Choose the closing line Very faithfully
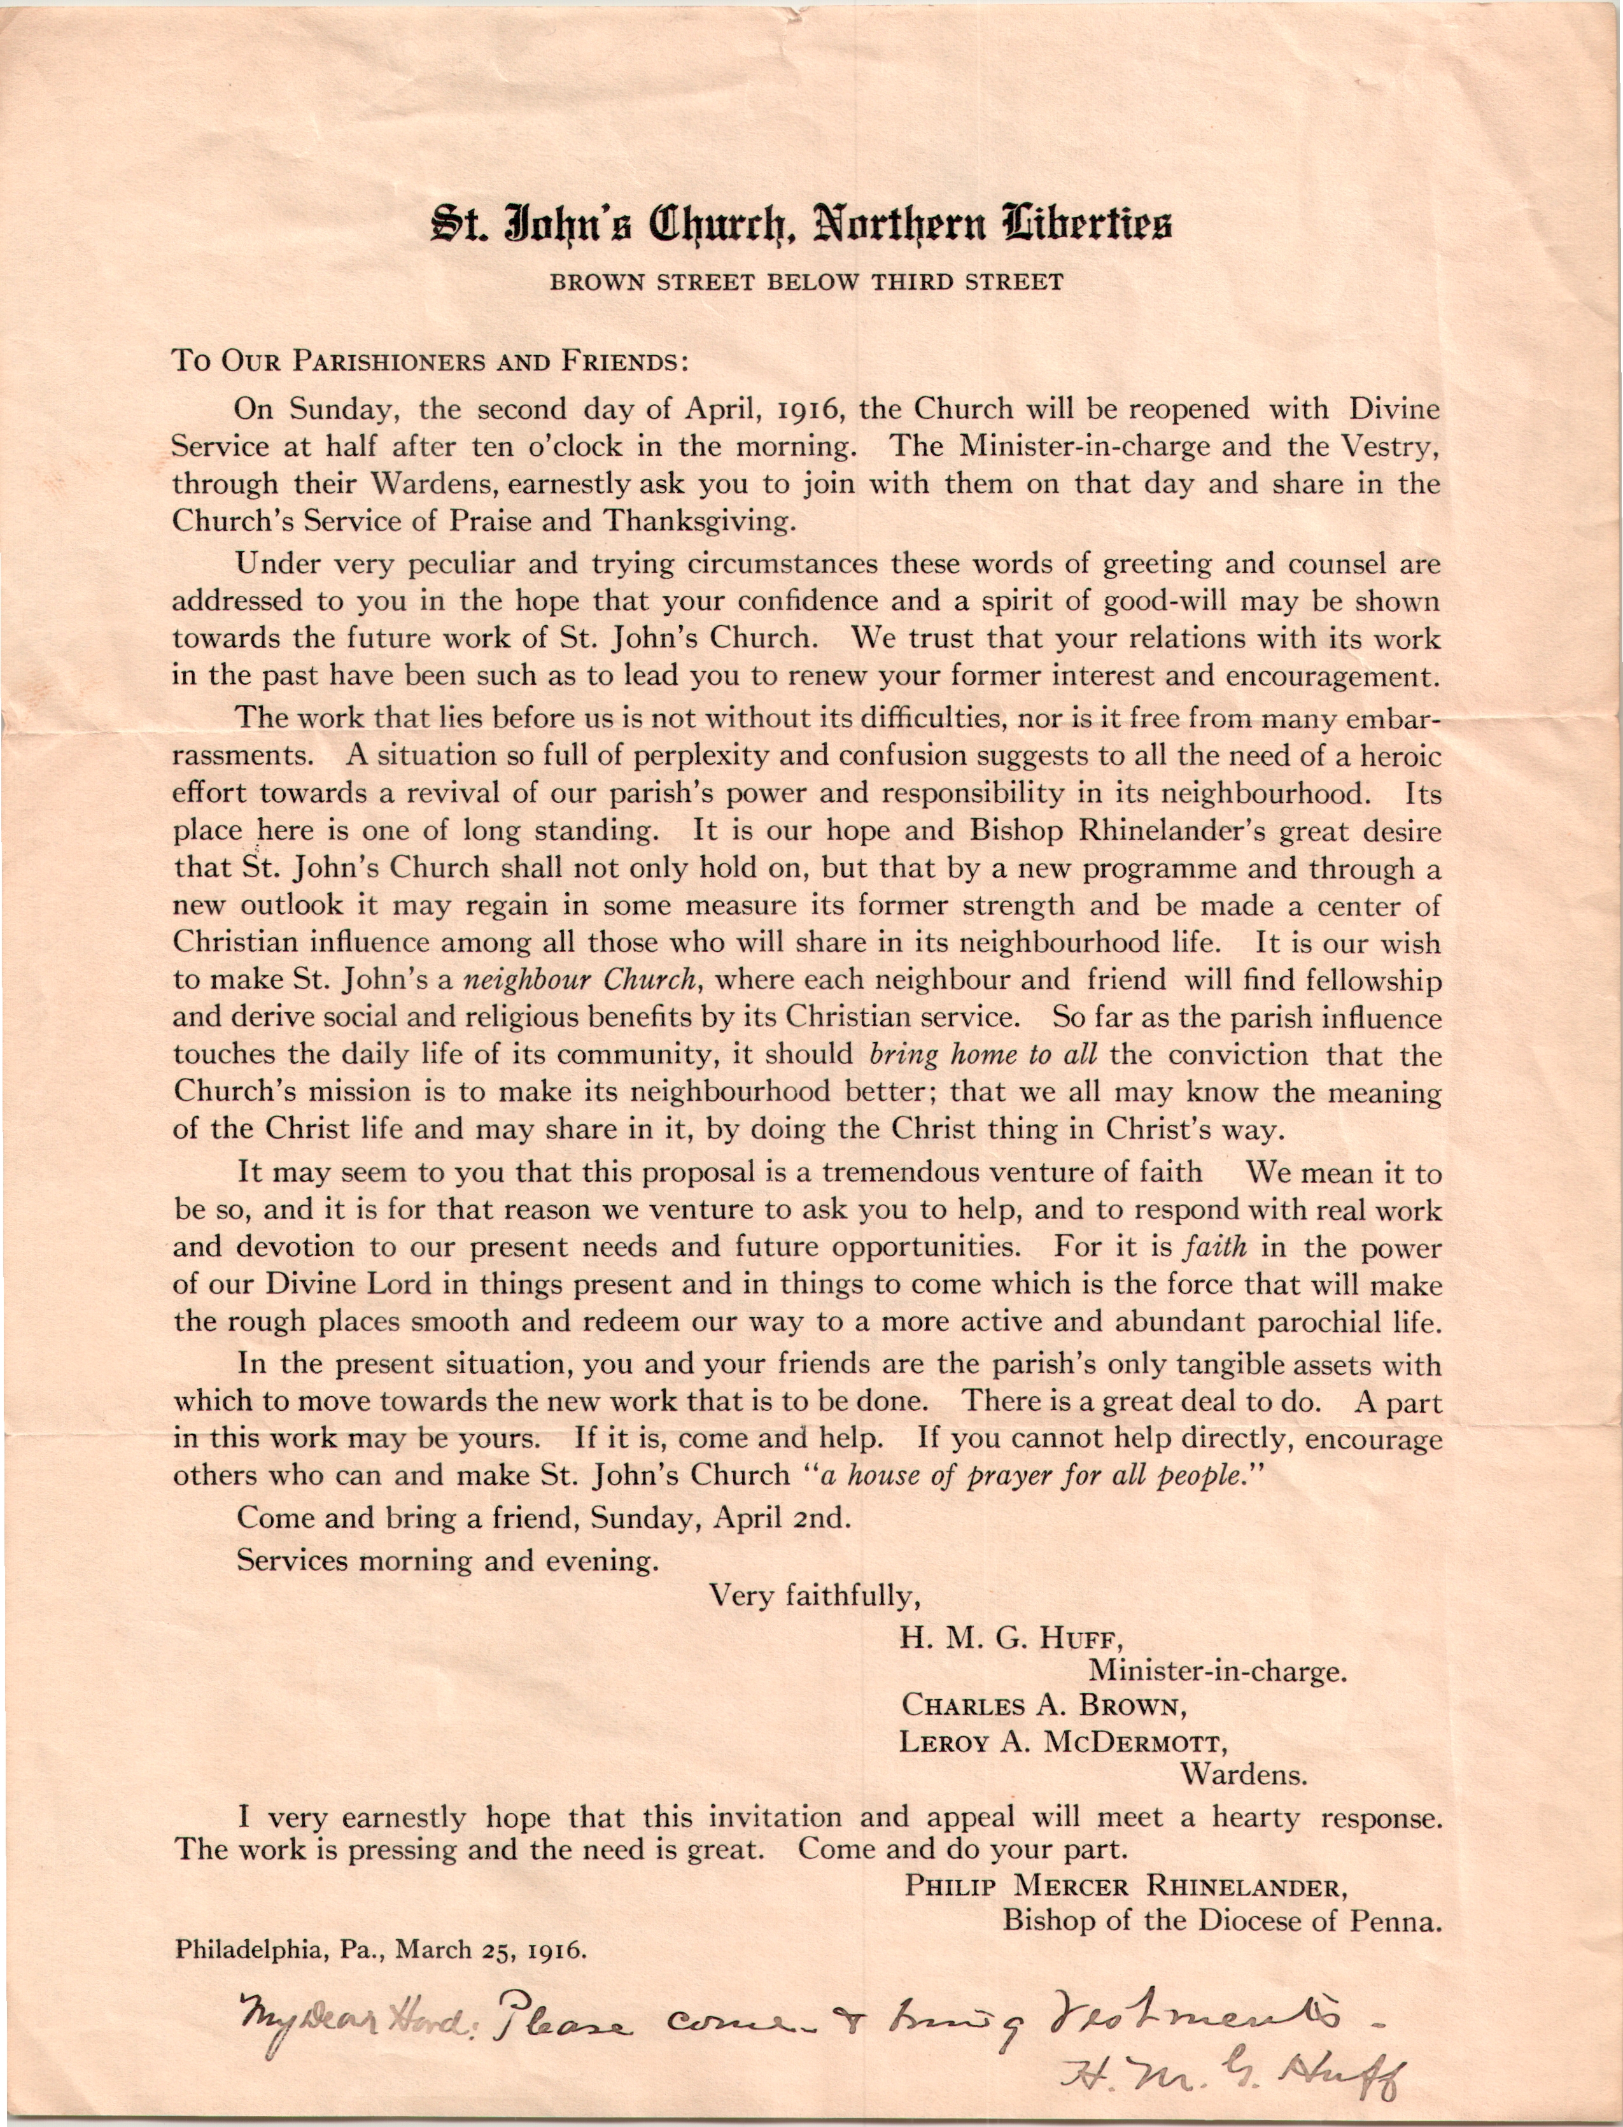pos(810,1595)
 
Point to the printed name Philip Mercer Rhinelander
pos(1125,1886)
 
